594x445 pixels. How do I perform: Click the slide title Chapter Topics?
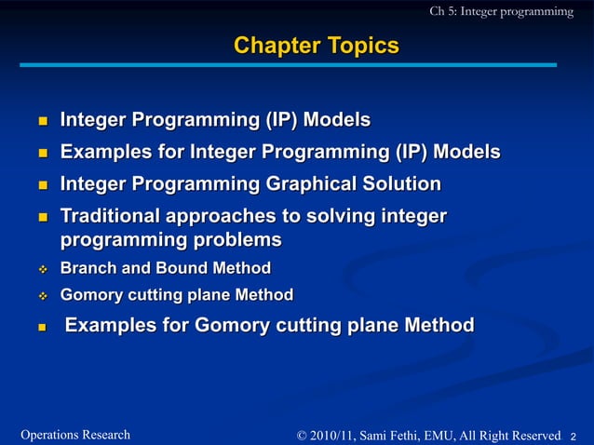316,46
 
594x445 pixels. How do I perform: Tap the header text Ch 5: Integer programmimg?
501,11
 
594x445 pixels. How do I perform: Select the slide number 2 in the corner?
574,436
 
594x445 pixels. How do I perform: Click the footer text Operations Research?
74,435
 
